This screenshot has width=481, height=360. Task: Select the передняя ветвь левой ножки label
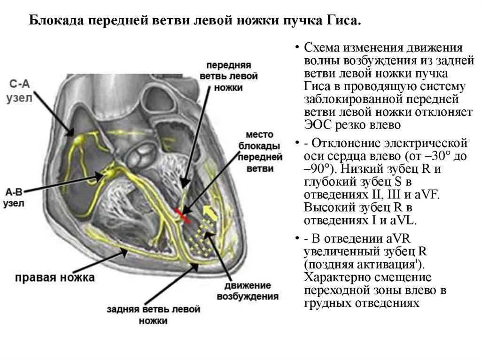click(x=231, y=76)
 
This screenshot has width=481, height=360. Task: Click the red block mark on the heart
click(x=183, y=214)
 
